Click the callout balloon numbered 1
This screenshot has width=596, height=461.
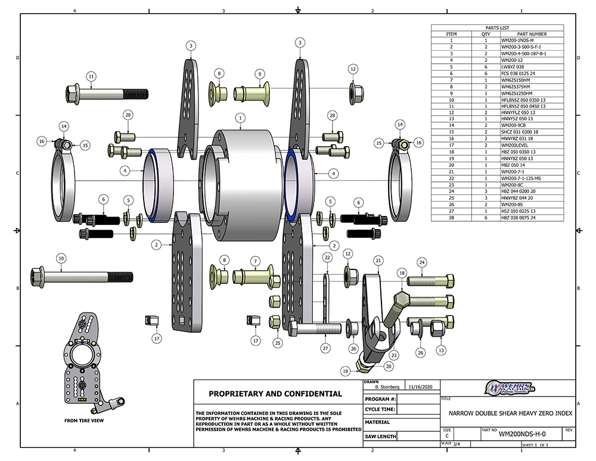click(240, 117)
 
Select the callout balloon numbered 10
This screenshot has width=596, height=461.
click(60, 258)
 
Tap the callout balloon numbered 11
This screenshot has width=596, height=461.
click(91, 76)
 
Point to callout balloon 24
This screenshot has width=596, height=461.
click(421, 262)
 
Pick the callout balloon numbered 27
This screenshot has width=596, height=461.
click(325, 348)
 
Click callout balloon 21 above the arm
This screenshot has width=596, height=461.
click(378, 260)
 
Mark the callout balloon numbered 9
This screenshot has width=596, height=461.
click(260, 74)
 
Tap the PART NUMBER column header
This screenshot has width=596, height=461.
click(532, 34)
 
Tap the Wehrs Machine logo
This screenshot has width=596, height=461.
click(510, 387)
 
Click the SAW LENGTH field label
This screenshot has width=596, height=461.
click(380, 436)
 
